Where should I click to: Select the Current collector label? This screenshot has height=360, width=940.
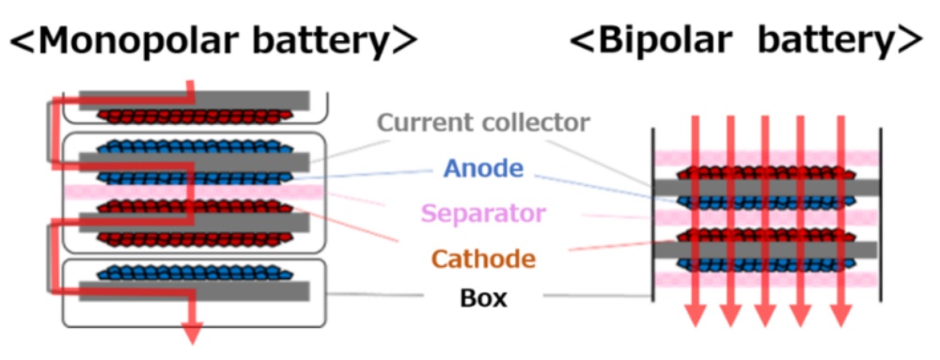click(x=483, y=122)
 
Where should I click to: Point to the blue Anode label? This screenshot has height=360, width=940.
click(x=483, y=168)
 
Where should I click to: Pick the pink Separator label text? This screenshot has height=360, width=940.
click(x=483, y=213)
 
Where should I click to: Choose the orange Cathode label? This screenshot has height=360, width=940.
click(x=483, y=258)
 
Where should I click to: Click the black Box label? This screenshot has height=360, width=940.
click(x=483, y=300)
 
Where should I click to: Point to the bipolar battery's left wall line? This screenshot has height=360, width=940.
click(x=651, y=216)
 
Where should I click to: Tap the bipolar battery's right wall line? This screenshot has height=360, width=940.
click(x=880, y=216)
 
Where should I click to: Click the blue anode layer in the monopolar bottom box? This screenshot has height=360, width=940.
click(x=188, y=274)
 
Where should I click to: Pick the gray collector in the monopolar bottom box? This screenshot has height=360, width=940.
click(x=188, y=291)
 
